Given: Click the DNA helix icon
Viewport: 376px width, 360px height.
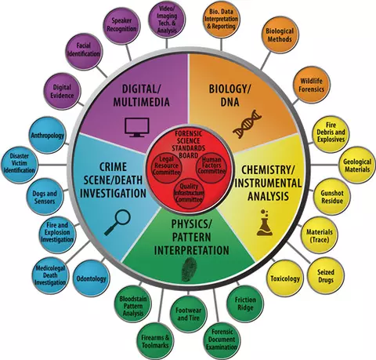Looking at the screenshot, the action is (x=247, y=124).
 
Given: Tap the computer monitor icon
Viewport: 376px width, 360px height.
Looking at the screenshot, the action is (x=137, y=127).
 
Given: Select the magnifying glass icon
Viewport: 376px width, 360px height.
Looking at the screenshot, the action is (x=117, y=223).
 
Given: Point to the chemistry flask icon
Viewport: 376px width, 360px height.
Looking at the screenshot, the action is (x=265, y=223).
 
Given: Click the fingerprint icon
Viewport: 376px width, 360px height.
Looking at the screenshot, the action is (x=189, y=270).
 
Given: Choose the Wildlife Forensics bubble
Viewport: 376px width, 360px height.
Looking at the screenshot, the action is (x=311, y=85).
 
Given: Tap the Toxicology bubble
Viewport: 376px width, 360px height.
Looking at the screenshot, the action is (x=285, y=278).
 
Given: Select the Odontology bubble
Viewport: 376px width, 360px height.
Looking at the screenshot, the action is (x=91, y=278).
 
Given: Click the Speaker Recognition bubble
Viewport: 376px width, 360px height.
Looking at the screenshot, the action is (x=121, y=24).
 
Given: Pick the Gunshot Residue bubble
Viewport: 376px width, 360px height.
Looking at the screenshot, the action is (x=332, y=197).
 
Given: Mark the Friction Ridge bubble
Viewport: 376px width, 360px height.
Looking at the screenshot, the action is (x=245, y=304).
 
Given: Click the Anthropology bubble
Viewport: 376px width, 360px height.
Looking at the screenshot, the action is (x=47, y=135).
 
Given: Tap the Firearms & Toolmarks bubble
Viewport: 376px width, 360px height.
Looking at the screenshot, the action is (x=155, y=341).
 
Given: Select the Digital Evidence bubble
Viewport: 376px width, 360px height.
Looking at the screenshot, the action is (x=62, y=91).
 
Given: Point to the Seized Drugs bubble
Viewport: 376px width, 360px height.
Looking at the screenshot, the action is (x=326, y=276).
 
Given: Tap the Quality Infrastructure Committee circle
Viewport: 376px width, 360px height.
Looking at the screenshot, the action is (x=189, y=193).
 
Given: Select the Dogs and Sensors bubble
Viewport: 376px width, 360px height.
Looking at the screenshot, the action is (x=45, y=197).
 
